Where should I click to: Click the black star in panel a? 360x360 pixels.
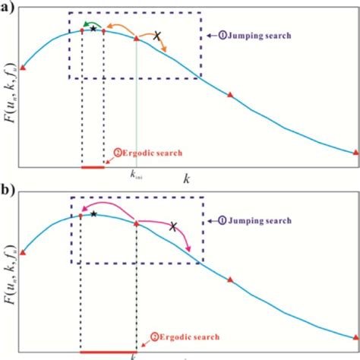point(93,28)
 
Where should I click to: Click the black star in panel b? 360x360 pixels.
point(93,214)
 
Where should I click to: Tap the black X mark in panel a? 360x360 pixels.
point(157,36)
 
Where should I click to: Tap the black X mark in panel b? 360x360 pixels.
point(173,226)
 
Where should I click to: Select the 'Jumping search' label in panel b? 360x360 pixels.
point(257,221)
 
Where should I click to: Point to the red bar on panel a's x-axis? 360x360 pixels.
point(92,166)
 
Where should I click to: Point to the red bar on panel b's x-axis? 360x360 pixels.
point(108,352)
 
